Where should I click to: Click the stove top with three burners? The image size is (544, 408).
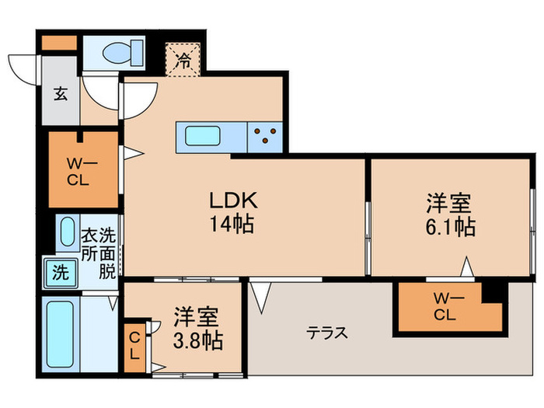point(266,138)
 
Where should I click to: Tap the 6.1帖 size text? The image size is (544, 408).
point(450,228)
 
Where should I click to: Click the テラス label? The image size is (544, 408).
point(326,333)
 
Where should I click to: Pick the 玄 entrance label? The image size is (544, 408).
point(60,95)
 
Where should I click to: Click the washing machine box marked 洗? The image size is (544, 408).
point(60,272)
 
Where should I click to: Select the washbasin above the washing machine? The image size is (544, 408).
point(67,232)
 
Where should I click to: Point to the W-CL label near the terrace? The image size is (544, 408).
point(444,309)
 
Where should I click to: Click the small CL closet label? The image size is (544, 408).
point(134,347)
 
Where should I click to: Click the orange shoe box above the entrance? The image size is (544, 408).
point(55,44)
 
